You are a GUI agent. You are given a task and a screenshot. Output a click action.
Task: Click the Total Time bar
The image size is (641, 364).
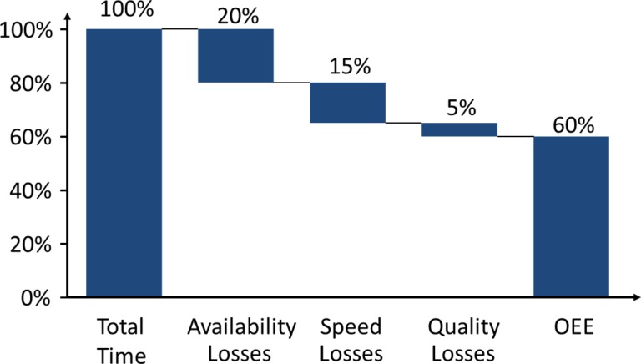pos(124,163)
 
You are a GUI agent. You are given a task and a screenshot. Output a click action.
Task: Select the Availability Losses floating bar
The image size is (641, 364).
pos(235,56)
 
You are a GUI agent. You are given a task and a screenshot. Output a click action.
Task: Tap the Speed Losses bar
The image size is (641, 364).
pos(347,103)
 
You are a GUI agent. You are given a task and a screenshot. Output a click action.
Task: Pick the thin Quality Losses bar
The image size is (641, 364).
pos(459,129)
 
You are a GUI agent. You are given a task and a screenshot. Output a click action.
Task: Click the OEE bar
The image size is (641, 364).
pos(571,216)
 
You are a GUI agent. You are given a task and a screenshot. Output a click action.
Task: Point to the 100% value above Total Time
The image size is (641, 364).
pos(124,11)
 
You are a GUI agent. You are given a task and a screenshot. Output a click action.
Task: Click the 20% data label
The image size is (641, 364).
pos(235,16)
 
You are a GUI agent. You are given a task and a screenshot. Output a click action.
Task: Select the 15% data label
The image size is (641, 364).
pos(349,68)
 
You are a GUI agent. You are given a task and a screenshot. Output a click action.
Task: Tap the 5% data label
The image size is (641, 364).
pos(460,108)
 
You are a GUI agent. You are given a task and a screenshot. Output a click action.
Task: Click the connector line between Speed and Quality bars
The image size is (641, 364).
pos(403,123)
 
